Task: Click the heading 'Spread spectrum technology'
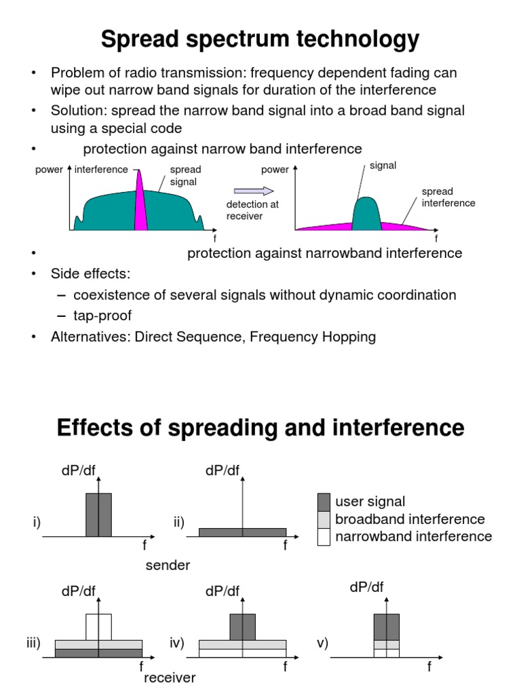[x=260, y=40]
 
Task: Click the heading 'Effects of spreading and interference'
[x=260, y=428]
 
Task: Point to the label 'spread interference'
[x=448, y=197]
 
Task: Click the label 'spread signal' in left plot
[x=185, y=175]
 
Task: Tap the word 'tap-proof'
[x=102, y=316]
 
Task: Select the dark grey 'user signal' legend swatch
[x=324, y=502]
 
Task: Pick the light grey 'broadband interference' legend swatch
[x=324, y=520]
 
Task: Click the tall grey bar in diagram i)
[x=98, y=514]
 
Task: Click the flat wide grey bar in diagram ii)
[x=242, y=532]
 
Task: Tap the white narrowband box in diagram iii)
[x=98, y=626]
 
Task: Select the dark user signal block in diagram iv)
[x=242, y=626]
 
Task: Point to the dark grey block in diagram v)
[x=386, y=626]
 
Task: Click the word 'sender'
[x=168, y=565]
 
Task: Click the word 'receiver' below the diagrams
[x=170, y=677]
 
